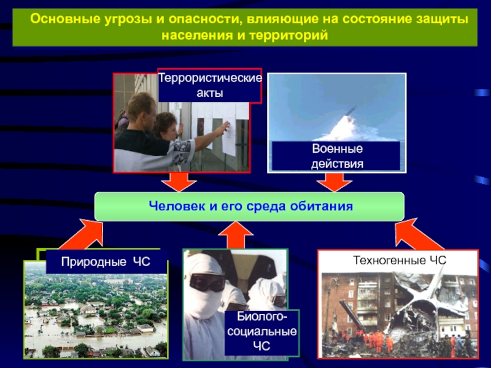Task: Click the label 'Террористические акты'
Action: tap(210, 85)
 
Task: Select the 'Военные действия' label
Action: tap(337, 156)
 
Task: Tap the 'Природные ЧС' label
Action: tap(105, 262)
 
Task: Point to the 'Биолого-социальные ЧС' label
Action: tap(261, 332)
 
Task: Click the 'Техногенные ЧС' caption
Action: tap(398, 260)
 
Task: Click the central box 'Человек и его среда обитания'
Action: tap(249, 206)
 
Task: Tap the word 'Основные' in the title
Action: tap(60, 20)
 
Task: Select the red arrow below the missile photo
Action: tap(335, 181)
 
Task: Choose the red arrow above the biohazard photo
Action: tap(236, 235)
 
